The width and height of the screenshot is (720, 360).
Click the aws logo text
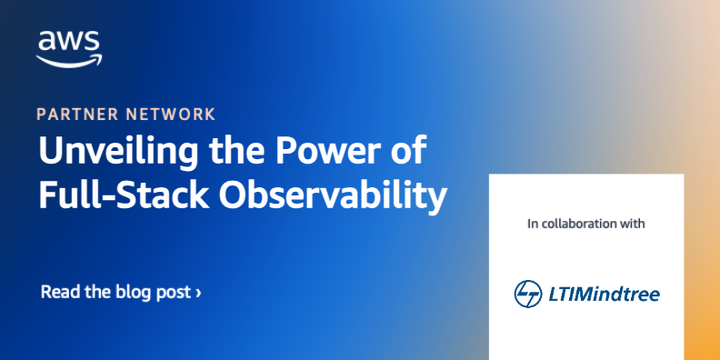[x=68, y=40]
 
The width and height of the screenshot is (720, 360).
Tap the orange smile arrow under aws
[x=69, y=60]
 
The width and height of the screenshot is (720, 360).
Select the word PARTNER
[x=75, y=115]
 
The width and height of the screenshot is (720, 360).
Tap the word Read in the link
[x=58, y=292]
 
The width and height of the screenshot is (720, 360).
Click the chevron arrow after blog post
[x=199, y=293]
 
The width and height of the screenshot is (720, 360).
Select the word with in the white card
[x=633, y=223]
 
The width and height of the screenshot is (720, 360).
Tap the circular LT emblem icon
[x=527, y=293]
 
